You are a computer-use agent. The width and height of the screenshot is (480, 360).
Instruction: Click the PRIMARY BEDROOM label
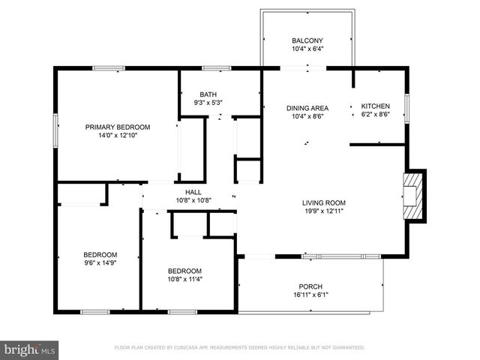pos(117,127)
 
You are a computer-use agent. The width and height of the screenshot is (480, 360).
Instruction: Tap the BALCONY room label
pos(307,40)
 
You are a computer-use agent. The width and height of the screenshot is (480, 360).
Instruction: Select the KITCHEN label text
pos(375,106)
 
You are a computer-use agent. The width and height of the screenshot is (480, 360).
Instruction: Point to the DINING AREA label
pos(307,108)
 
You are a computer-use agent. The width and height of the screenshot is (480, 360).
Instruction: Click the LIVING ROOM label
pos(323,202)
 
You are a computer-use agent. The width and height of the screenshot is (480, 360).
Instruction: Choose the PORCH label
pos(310,286)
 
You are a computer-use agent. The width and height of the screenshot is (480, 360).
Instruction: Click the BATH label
pos(208,94)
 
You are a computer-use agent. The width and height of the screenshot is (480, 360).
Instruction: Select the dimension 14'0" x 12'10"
pos(117,136)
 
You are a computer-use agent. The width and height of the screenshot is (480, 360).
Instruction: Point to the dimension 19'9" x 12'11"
pos(323,211)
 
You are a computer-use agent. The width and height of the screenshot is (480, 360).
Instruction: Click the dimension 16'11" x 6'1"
pos(310,295)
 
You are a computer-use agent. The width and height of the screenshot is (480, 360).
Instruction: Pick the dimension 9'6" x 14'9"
pos(99,262)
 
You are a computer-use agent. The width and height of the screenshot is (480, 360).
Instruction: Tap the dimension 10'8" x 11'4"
pos(184,279)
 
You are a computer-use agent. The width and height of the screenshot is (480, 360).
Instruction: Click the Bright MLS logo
pos(30,349)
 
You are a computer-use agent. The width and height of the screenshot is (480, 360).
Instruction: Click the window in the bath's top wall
pos(216,68)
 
